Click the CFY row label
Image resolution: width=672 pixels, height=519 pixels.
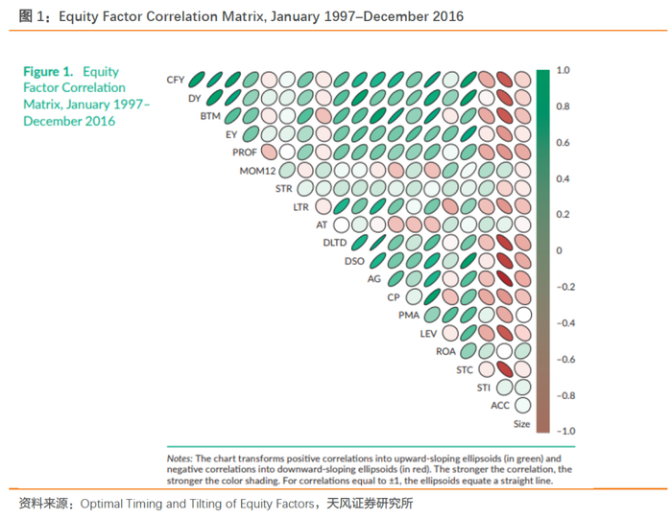tap(175, 80)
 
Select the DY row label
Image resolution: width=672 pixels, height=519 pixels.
tap(194, 98)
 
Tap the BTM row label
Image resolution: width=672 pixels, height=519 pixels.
tap(210, 116)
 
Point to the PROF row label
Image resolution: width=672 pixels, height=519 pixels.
tap(245, 153)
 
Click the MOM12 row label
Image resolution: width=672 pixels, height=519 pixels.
tap(257, 171)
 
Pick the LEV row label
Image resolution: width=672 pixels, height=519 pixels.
tap(428, 333)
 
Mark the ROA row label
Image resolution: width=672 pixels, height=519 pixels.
tap(445, 351)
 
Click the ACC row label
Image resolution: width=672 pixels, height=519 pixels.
tap(500, 405)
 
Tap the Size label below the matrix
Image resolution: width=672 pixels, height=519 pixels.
tap(521, 423)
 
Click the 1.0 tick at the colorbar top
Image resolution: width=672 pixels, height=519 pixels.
tap(564, 70)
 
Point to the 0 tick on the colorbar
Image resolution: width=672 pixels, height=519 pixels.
tap(560, 250)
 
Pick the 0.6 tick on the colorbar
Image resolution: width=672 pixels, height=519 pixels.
tap(564, 142)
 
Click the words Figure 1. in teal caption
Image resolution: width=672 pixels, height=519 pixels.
tap(48, 72)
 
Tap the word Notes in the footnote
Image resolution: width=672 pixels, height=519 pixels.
tap(180, 459)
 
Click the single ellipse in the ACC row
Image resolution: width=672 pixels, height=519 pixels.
tap(522, 405)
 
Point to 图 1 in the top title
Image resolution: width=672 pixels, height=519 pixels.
tap(28, 16)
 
